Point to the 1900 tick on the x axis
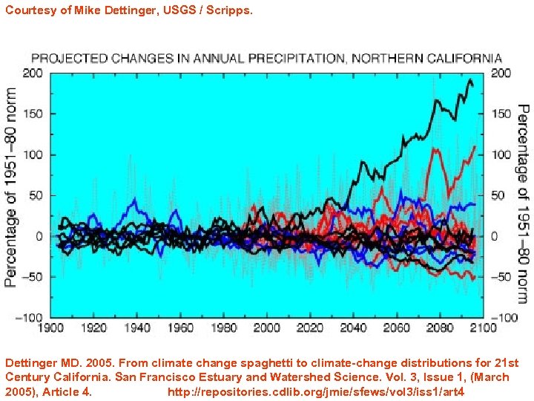point(50,327)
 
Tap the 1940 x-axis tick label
point(137,327)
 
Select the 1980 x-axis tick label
point(223,327)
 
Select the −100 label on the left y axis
point(30,317)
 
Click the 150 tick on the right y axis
point(501,114)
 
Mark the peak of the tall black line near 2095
point(469,79)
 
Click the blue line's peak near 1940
point(133,200)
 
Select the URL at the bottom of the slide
point(316,391)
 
